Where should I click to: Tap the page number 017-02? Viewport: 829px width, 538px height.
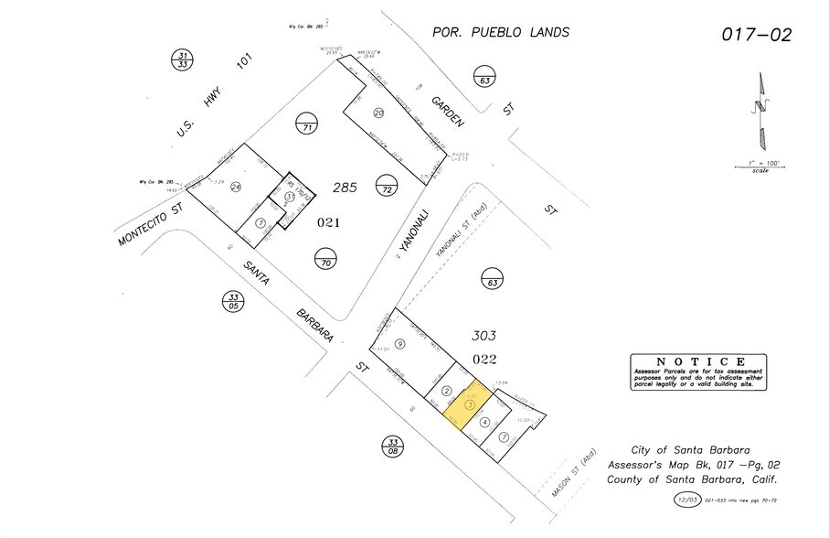point(757,36)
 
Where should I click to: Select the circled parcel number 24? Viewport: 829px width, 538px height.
point(236,187)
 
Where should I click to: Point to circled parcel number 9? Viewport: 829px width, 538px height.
point(399,343)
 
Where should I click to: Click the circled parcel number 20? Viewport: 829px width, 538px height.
point(379,113)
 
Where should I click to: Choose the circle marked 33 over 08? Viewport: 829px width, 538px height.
point(393,447)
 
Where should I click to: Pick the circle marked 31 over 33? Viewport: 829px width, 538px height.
point(182,60)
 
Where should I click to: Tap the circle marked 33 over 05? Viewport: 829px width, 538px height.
point(234,302)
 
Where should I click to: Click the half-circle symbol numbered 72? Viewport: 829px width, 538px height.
point(388,188)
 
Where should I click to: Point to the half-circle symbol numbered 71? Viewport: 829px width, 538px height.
point(308,125)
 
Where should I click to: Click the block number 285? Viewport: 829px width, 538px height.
point(344,188)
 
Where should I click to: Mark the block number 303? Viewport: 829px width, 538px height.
point(484,334)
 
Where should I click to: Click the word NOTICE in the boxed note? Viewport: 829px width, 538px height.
point(697,361)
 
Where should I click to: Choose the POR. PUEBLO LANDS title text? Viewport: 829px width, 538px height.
point(501,33)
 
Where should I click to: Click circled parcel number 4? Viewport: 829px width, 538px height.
point(484,422)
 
